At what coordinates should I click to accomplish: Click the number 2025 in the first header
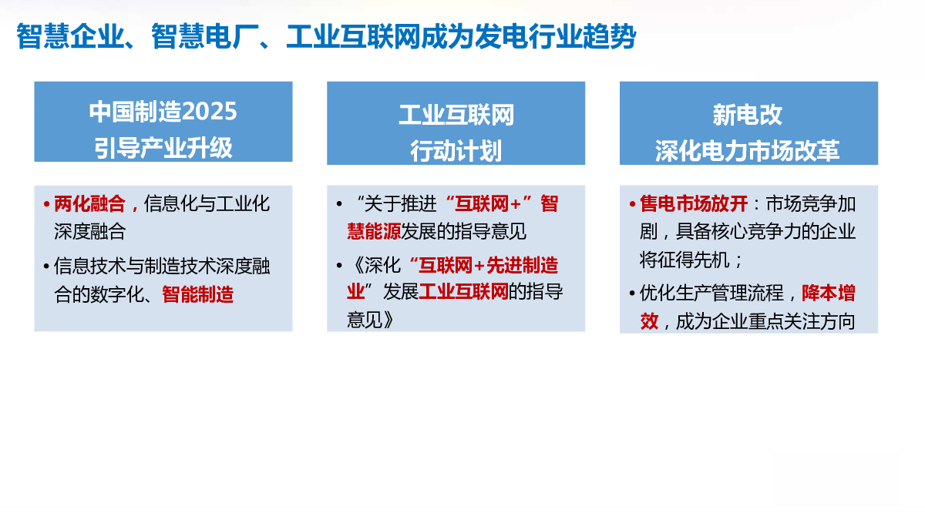210,112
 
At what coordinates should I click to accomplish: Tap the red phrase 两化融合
89,204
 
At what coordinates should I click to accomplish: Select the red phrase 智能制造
198,294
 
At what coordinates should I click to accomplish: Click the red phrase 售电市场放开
694,204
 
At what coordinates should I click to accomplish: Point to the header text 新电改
748,115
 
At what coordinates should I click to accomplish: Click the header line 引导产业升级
163,148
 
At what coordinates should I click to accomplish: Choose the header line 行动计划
456,151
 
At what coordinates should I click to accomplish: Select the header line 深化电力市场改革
748,151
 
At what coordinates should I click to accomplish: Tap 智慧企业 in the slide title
70,36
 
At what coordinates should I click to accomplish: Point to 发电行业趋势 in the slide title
556,36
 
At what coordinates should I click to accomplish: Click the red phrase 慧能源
374,232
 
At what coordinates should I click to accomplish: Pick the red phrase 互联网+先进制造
488,265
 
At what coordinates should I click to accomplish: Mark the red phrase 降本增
829,294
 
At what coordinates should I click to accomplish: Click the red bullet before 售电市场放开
632,204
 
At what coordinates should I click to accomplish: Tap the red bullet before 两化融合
47,204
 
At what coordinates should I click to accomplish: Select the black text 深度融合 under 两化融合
89,232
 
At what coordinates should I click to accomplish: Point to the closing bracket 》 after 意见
388,320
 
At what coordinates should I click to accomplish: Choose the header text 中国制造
136,112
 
